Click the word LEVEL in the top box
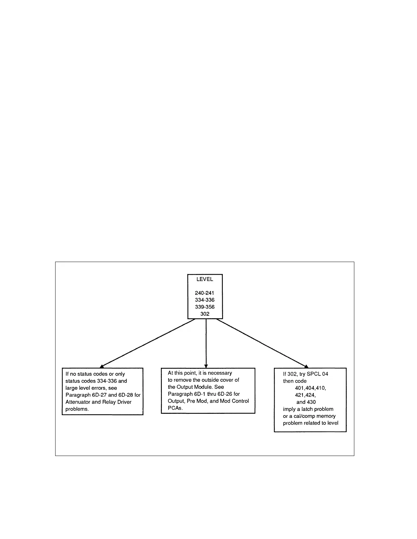coord(205,279)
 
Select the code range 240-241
coord(205,293)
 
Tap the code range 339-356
coord(205,307)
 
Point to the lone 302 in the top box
coord(205,314)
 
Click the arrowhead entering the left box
coord(102,365)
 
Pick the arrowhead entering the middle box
coord(206,365)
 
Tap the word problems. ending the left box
coord(77,409)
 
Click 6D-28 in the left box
coord(125,395)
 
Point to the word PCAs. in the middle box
coord(175,408)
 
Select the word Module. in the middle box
coord(215,387)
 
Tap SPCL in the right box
coord(314,374)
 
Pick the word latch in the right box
coord(308,409)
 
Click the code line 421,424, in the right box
coord(305,395)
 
